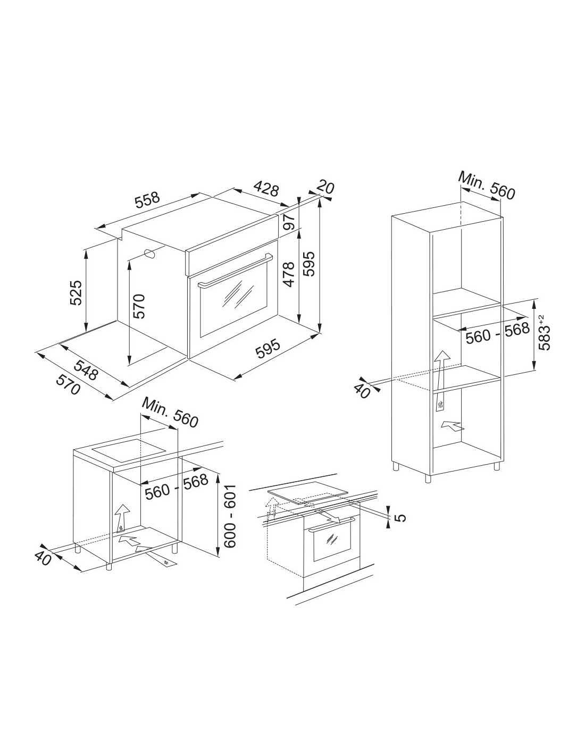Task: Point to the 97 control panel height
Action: point(289,222)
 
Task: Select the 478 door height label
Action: point(289,275)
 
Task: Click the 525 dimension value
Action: point(76,292)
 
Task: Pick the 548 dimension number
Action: point(86,369)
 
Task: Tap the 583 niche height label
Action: point(544,332)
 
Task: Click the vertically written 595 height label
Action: point(309,264)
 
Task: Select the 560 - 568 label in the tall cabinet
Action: point(498,333)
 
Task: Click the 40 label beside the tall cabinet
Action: point(362,392)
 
